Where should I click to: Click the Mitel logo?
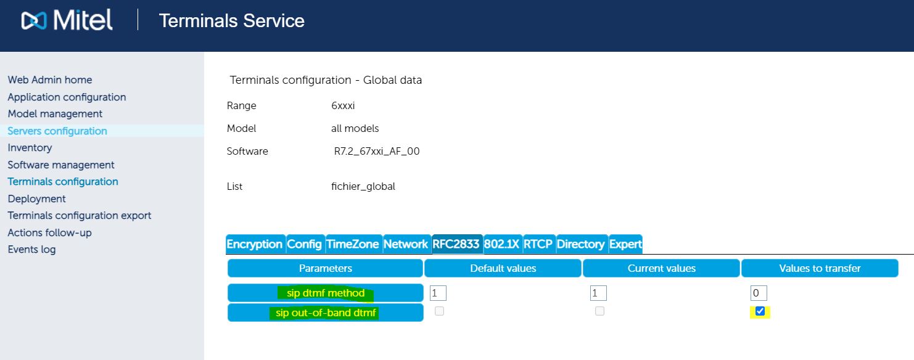coord(67,20)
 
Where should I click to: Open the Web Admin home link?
coord(50,80)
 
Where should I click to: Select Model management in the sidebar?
coord(55,113)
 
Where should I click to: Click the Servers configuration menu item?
coord(57,131)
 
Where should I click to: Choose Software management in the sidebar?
coord(61,165)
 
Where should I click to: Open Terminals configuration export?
coord(80,215)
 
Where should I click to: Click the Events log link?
coord(31,249)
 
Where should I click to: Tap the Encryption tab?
coord(255,244)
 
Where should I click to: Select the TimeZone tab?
coord(353,244)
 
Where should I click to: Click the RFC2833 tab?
coord(456,244)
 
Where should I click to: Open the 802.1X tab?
coord(502,244)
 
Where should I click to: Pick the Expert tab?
coord(625,244)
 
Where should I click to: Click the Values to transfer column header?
coord(820,268)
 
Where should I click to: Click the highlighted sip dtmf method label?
coord(326,293)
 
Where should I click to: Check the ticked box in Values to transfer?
coord(760,311)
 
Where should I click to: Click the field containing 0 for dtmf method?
coord(759,293)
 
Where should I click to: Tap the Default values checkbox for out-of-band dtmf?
coord(439,311)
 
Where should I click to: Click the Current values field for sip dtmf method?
coord(598,293)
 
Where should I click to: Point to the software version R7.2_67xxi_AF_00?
coord(376,151)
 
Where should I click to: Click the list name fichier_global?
coord(363,186)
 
